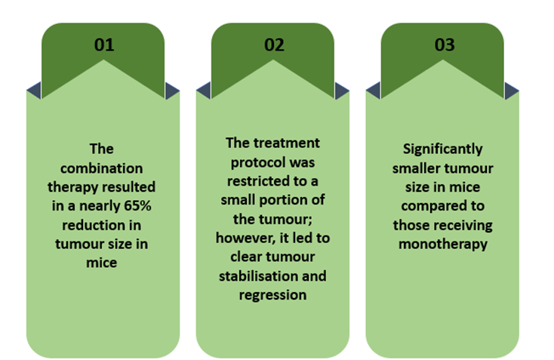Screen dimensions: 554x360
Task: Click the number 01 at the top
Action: [x=104, y=45]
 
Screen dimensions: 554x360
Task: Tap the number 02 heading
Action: [x=274, y=45]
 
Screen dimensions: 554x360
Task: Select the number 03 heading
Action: [x=444, y=45]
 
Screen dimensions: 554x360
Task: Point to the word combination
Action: [x=101, y=168]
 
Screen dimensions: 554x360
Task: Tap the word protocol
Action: [x=253, y=163]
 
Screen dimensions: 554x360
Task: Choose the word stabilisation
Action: [x=258, y=276]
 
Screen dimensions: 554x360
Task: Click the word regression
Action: [x=272, y=295]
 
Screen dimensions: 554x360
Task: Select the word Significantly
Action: [x=443, y=149]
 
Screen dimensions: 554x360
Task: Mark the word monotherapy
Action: [x=443, y=245]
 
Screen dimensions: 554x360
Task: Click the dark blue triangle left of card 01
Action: [x=34, y=91]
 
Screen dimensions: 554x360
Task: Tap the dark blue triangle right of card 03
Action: [x=511, y=91]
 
